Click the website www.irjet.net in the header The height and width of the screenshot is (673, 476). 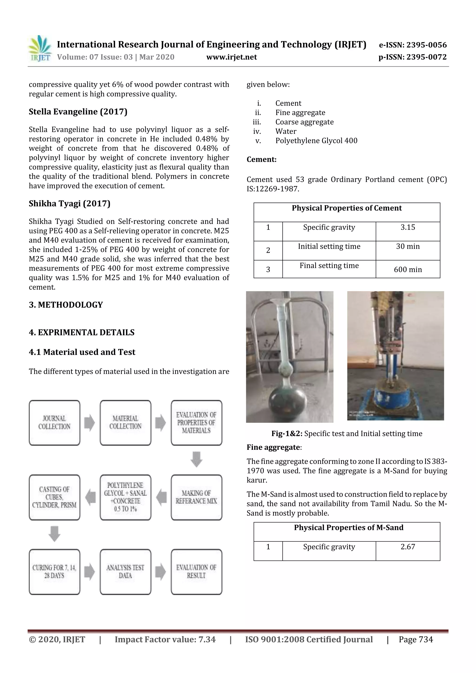pos(231,57)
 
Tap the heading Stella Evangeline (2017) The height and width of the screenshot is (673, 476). pos(78,112)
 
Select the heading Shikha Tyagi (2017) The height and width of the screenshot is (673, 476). pos(69,204)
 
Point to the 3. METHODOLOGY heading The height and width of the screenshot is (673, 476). pos(66,305)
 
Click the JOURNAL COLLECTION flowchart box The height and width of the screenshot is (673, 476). pos(55,422)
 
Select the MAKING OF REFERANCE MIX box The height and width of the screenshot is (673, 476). pos(196,497)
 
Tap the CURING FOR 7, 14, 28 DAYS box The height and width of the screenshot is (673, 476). pos(55,571)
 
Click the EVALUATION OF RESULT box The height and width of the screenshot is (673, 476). pos(196,571)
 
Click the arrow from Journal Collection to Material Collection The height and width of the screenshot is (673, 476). pos(90,423)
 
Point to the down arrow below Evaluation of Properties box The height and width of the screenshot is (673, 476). pos(196,459)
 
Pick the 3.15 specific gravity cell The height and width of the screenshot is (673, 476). pos(408,228)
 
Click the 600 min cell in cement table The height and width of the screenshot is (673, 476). pos(408,269)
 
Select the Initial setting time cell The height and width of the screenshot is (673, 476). pos(329,247)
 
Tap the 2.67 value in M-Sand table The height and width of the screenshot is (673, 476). pos(408,547)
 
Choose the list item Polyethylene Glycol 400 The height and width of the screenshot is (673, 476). pos(316,141)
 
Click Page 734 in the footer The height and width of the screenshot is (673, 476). pos(416,640)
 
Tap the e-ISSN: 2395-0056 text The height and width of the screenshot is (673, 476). pos(413,45)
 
